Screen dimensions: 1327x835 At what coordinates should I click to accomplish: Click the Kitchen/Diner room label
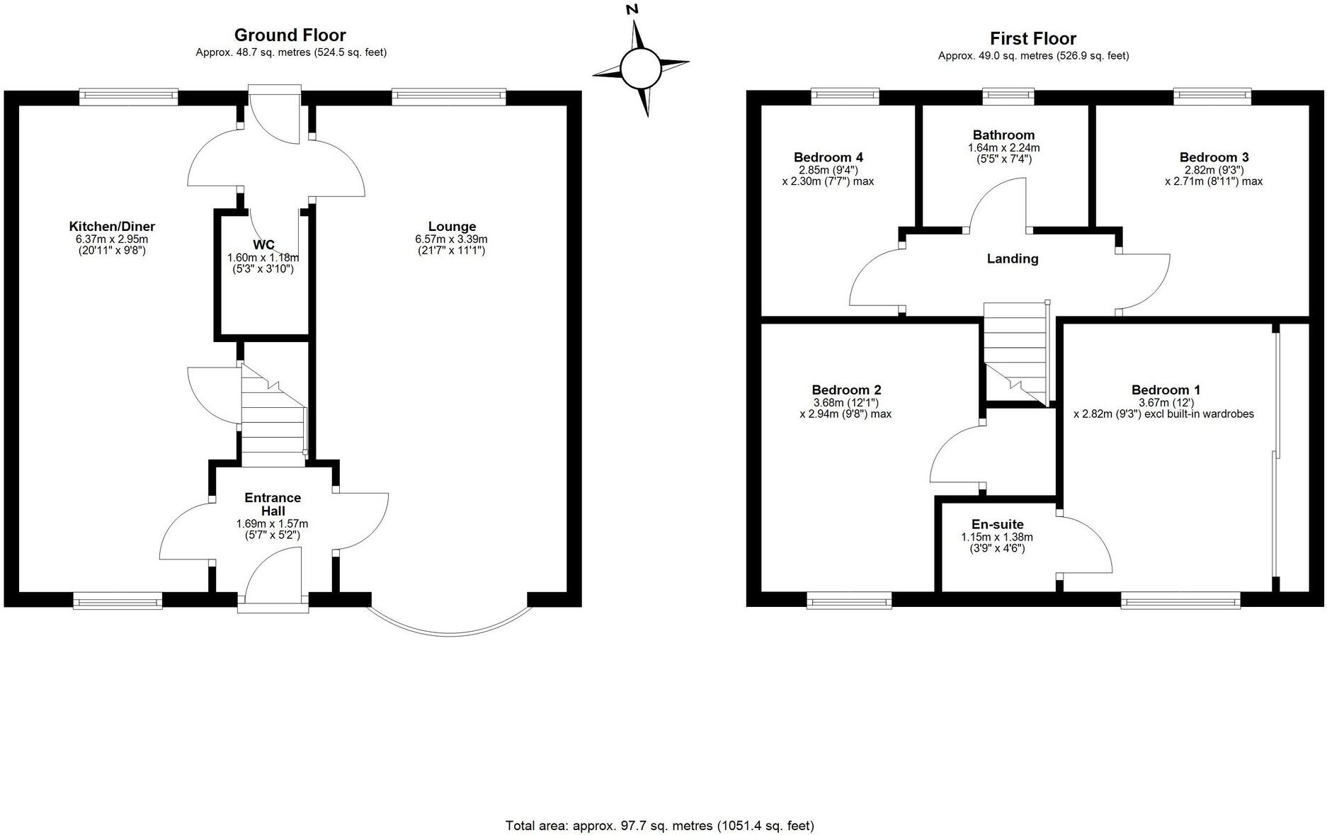pos(112,227)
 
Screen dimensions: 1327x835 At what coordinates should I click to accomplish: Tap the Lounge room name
pos(452,227)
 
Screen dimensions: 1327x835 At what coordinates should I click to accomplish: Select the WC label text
pos(263,245)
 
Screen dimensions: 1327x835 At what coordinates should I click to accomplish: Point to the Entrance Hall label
pos(273,504)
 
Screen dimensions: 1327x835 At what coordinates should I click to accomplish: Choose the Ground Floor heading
pos(290,35)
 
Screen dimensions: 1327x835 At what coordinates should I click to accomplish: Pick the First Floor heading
pos(1033,38)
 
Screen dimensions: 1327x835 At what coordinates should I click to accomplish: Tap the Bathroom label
pos(1003,135)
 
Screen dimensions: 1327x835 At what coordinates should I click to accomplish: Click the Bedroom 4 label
pos(828,157)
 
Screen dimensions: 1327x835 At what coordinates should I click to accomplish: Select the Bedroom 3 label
pos(1214,157)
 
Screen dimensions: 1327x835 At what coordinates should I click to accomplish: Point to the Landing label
pos(1013,259)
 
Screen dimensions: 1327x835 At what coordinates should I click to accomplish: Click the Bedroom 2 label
pos(846,390)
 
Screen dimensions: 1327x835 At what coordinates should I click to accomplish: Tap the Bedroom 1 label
pos(1166,390)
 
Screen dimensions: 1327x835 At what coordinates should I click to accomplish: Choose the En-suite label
pos(997,524)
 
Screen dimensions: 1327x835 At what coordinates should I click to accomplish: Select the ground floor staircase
pos(274,415)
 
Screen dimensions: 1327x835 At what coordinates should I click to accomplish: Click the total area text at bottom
pos(660,825)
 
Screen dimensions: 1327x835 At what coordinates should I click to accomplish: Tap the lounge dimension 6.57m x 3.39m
pos(452,239)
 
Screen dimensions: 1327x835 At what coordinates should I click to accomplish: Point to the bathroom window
pos(1008,96)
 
